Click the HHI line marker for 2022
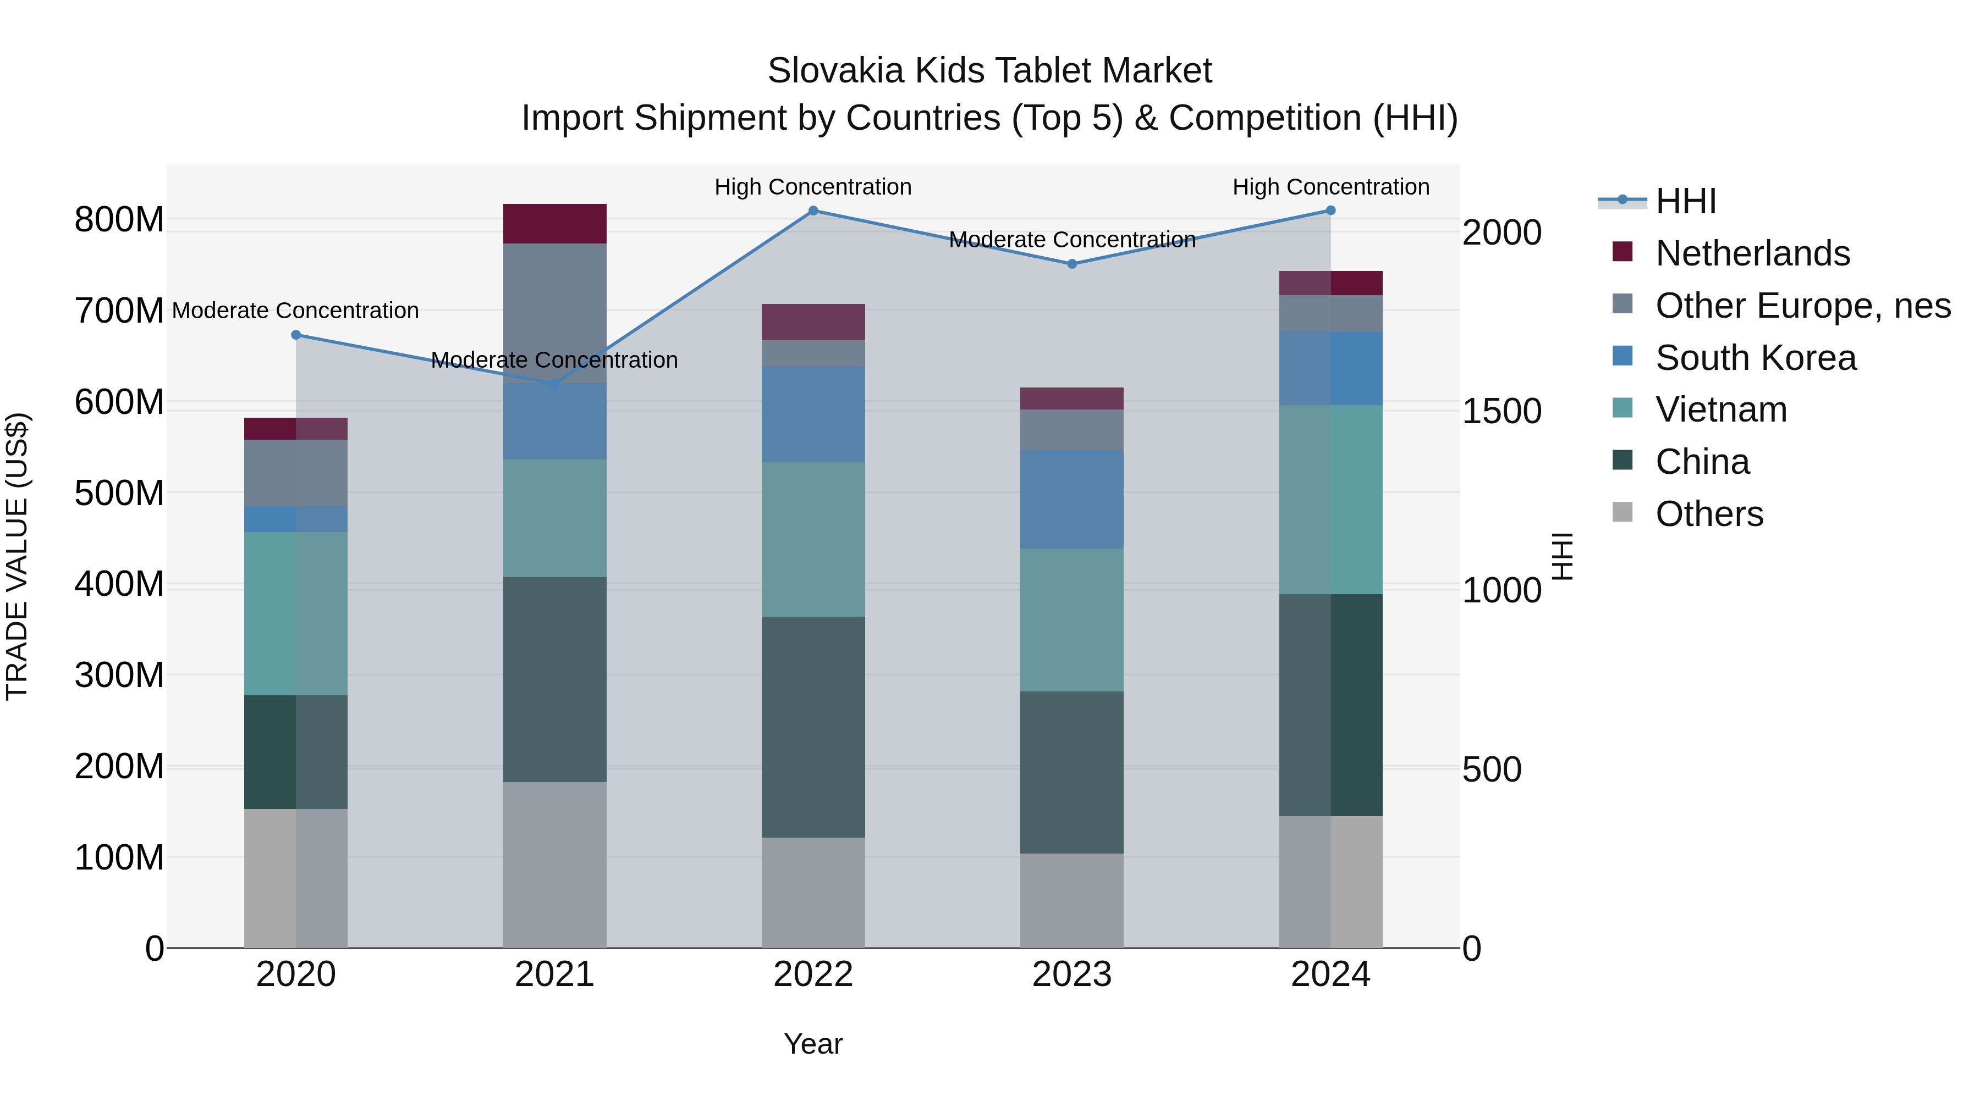pyautogui.click(x=813, y=211)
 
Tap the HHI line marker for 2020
pyautogui.click(x=296, y=335)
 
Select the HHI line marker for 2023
pyautogui.click(x=1071, y=263)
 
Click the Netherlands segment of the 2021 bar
pyautogui.click(x=554, y=224)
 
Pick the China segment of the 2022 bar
pyautogui.click(x=813, y=727)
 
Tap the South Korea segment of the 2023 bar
pyautogui.click(x=1071, y=499)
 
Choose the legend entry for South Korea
pyautogui.click(x=1756, y=358)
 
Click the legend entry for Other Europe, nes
pyautogui.click(x=1802, y=306)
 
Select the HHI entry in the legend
pyautogui.click(x=1685, y=201)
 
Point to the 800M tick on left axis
pyautogui.click(x=119, y=220)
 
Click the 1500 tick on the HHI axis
pyautogui.click(x=1500, y=411)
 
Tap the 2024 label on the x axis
pyautogui.click(x=1330, y=974)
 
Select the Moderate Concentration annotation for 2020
pyautogui.click(x=295, y=311)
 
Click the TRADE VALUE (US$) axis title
pyautogui.click(x=17, y=556)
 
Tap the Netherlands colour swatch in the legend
pyautogui.click(x=1622, y=252)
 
